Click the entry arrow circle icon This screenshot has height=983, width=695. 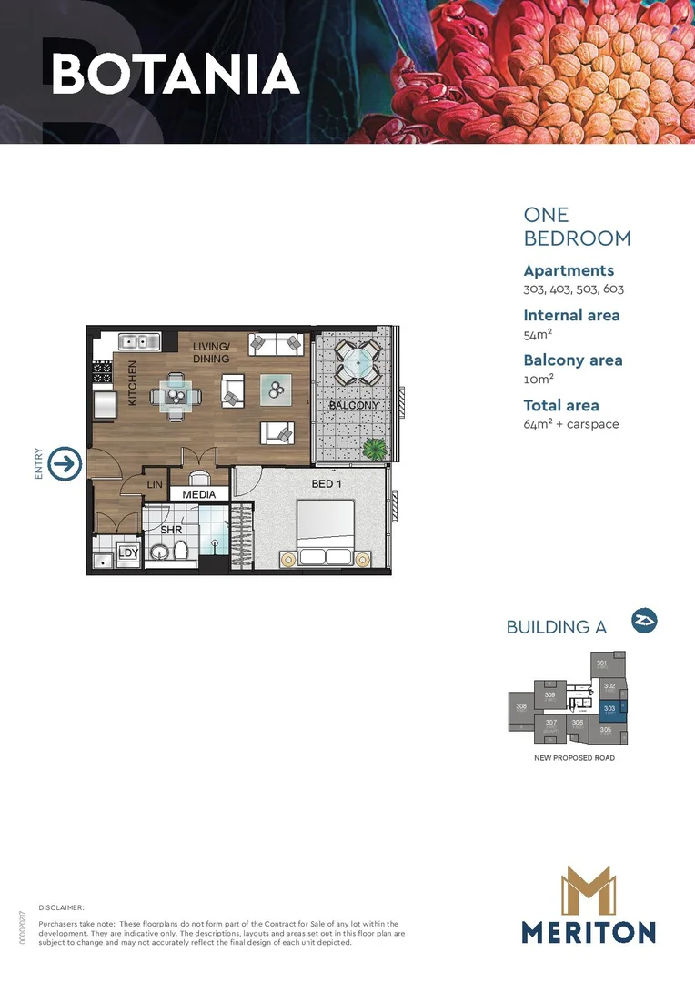tap(65, 464)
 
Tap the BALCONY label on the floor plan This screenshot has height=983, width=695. tap(354, 405)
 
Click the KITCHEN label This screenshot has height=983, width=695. tap(132, 382)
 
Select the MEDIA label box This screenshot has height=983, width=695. tap(199, 494)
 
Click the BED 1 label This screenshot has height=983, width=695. tap(327, 484)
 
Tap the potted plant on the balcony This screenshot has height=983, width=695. tap(373, 448)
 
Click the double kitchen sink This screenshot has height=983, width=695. tap(138, 342)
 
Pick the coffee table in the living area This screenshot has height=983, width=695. tap(276, 390)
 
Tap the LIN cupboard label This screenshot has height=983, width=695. tap(155, 485)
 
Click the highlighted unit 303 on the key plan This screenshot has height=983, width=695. tap(610, 708)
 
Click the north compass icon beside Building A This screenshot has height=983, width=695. tap(644, 622)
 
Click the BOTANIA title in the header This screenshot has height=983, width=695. tap(176, 74)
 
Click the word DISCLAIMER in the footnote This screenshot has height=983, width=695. tap(62, 907)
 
